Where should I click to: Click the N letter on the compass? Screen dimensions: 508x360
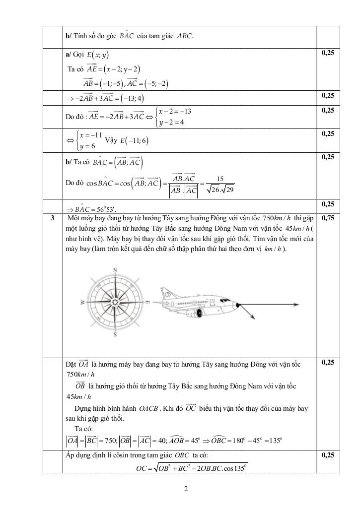click(x=116, y=270)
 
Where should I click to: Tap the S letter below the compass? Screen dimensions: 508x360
click(x=116, y=335)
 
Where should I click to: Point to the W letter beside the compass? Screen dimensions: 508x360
click(x=82, y=302)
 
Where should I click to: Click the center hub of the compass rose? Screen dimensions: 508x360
click(x=116, y=302)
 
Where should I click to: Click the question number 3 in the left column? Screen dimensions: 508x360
click(x=52, y=218)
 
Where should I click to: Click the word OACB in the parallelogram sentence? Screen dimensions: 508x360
click(x=148, y=409)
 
